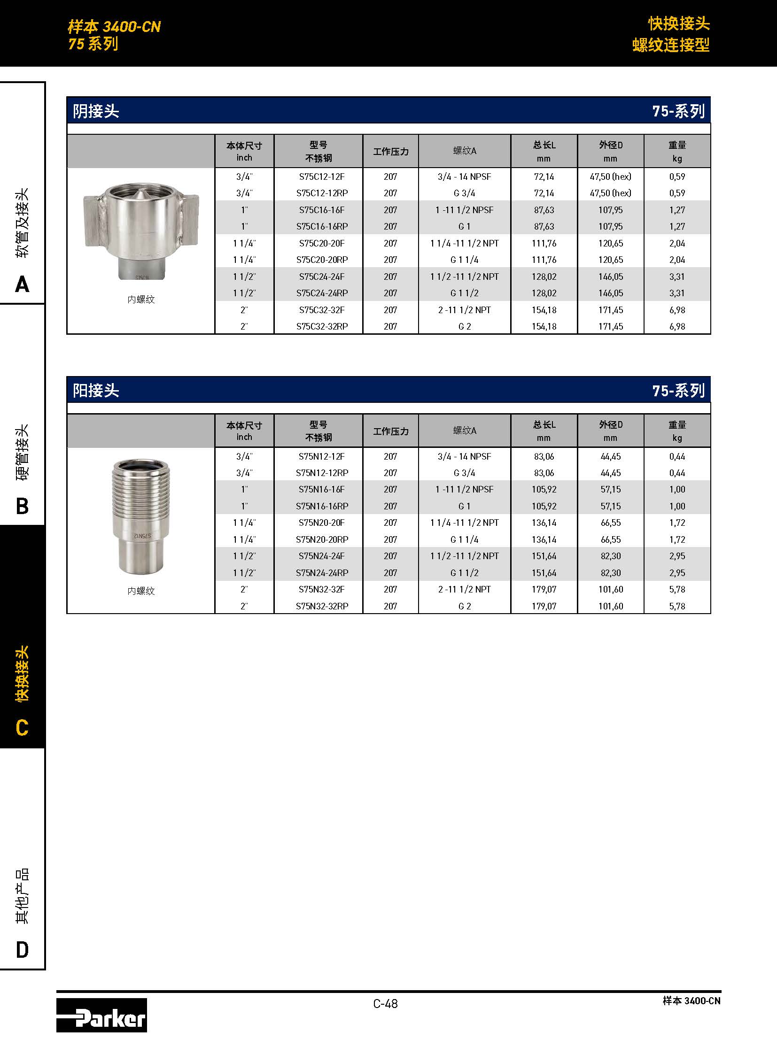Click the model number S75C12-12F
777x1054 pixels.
(322, 177)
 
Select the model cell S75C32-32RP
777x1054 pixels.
(322, 326)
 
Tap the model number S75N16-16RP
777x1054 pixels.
(322, 506)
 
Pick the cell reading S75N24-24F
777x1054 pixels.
(322, 556)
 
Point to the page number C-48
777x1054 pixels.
(385, 1004)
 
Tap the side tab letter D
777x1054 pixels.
(22, 950)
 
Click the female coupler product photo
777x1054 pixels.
(141, 231)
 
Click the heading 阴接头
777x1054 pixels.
(96, 111)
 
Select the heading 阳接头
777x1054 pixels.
(96, 391)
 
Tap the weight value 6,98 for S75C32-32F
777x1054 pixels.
(677, 310)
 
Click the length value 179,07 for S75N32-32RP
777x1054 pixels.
(544, 607)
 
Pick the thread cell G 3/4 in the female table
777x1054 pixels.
(464, 193)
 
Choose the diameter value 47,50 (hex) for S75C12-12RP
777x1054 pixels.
(610, 193)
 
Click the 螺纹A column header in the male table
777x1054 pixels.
(464, 431)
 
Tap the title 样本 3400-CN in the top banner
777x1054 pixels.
(114, 27)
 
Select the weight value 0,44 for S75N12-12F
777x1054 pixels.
(677, 456)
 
